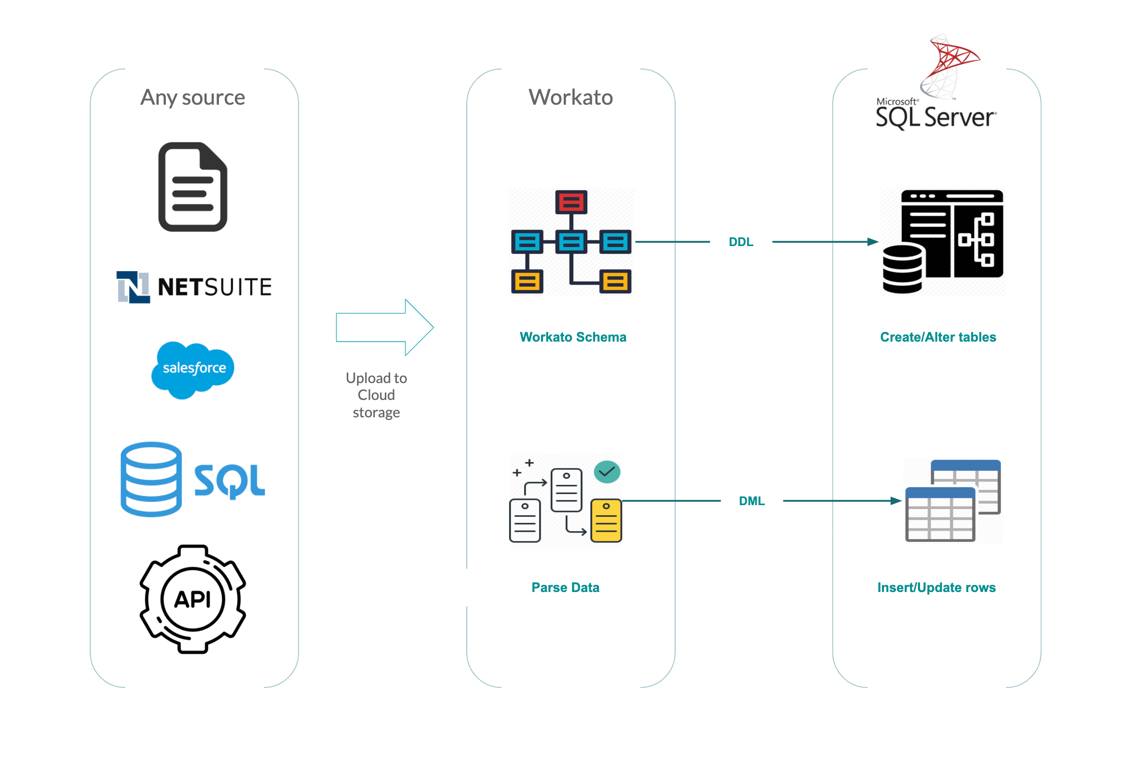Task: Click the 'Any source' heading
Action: click(x=192, y=97)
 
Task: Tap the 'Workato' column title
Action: click(x=570, y=97)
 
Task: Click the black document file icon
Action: click(x=192, y=187)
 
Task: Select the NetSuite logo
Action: click(x=194, y=287)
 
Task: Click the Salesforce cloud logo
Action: click(x=193, y=369)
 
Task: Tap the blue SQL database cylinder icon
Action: click(x=151, y=479)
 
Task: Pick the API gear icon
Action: click(x=192, y=599)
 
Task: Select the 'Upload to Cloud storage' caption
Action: click(x=376, y=395)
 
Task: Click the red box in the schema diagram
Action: click(x=571, y=202)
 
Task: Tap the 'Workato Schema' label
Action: click(x=572, y=337)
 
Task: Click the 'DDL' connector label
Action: click(x=741, y=242)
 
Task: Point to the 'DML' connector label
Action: click(x=751, y=501)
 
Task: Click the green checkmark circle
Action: click(x=607, y=472)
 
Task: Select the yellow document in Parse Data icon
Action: click(x=606, y=521)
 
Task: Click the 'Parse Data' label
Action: click(x=565, y=587)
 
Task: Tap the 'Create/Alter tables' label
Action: click(x=937, y=337)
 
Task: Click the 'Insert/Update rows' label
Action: click(x=936, y=587)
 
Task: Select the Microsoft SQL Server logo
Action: click(x=936, y=83)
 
